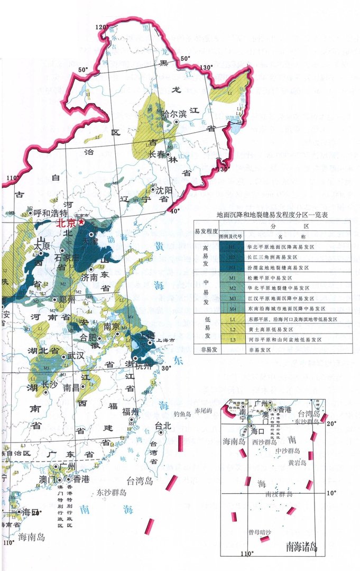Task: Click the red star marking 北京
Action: (x=81, y=223)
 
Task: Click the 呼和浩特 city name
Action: (x=51, y=214)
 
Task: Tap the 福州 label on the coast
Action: (x=130, y=412)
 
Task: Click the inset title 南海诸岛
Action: (x=301, y=546)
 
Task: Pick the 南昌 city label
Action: (x=71, y=387)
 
